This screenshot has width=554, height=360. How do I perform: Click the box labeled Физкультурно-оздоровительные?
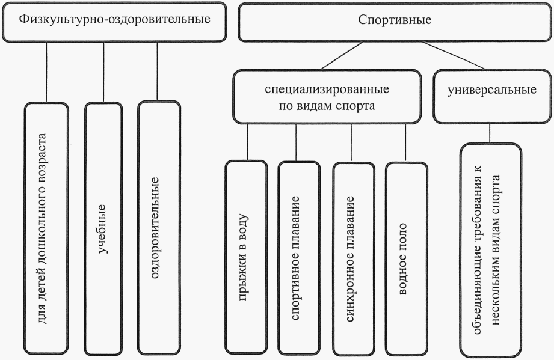click(114, 20)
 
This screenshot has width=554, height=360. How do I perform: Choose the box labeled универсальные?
click(492, 93)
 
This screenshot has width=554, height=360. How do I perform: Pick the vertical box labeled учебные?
click(103, 228)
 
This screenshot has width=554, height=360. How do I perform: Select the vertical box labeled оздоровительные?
click(158, 228)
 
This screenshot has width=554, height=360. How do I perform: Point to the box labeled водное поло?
click(407, 258)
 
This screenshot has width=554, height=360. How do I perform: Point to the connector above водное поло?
click(406, 142)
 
